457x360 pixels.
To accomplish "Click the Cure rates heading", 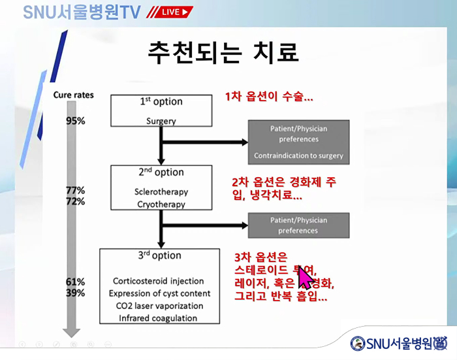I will [x=73, y=95].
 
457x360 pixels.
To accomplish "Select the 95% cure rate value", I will [x=76, y=121].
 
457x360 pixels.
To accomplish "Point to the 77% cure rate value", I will [x=76, y=190].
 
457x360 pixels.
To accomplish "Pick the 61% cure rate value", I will [x=76, y=282].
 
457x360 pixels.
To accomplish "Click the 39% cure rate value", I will [x=76, y=293].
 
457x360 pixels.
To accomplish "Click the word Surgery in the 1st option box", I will [x=161, y=122].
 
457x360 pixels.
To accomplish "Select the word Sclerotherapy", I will [x=161, y=192].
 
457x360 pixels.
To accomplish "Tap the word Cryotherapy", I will [x=161, y=204].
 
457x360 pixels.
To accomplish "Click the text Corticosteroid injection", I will [x=158, y=282].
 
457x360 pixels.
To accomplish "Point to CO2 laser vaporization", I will [x=159, y=306].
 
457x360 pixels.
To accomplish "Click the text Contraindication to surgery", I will [x=298, y=156].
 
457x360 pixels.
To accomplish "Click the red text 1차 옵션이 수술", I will [x=269, y=97].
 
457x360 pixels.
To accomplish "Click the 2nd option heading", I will [x=161, y=172].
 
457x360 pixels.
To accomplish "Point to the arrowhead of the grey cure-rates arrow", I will [x=69, y=329].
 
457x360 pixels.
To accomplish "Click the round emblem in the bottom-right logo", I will [x=358, y=344].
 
